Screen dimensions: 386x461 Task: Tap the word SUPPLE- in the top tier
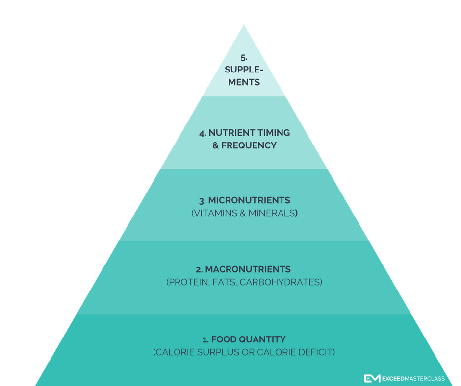point(244,70)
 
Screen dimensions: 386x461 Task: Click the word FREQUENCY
point(249,145)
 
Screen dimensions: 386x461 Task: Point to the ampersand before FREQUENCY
point(216,145)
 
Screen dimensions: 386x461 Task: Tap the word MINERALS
point(274,213)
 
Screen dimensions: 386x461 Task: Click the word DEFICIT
point(317,352)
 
